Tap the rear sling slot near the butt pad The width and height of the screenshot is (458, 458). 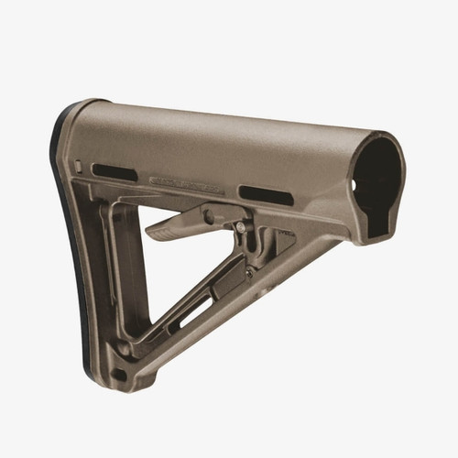tap(114, 172)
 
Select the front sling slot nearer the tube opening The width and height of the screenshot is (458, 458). tap(266, 194)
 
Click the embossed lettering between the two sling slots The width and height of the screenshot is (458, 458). tap(190, 182)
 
